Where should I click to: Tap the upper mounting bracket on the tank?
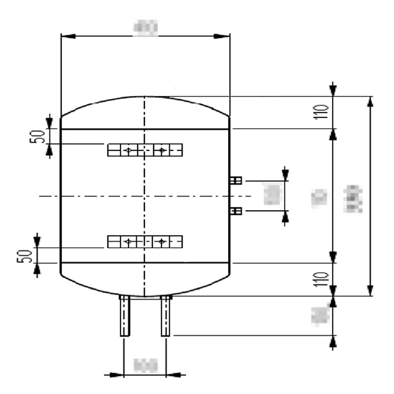[145, 150]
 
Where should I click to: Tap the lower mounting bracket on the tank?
[145, 241]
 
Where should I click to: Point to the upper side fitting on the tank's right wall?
[235, 181]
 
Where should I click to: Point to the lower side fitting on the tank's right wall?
[235, 211]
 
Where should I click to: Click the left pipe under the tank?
[125, 316]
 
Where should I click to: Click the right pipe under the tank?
[165, 316]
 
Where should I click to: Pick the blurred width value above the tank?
[145, 28]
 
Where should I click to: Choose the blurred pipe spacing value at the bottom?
[145, 365]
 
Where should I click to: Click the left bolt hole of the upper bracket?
[128, 150]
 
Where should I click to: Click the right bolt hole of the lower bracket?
[161, 241]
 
